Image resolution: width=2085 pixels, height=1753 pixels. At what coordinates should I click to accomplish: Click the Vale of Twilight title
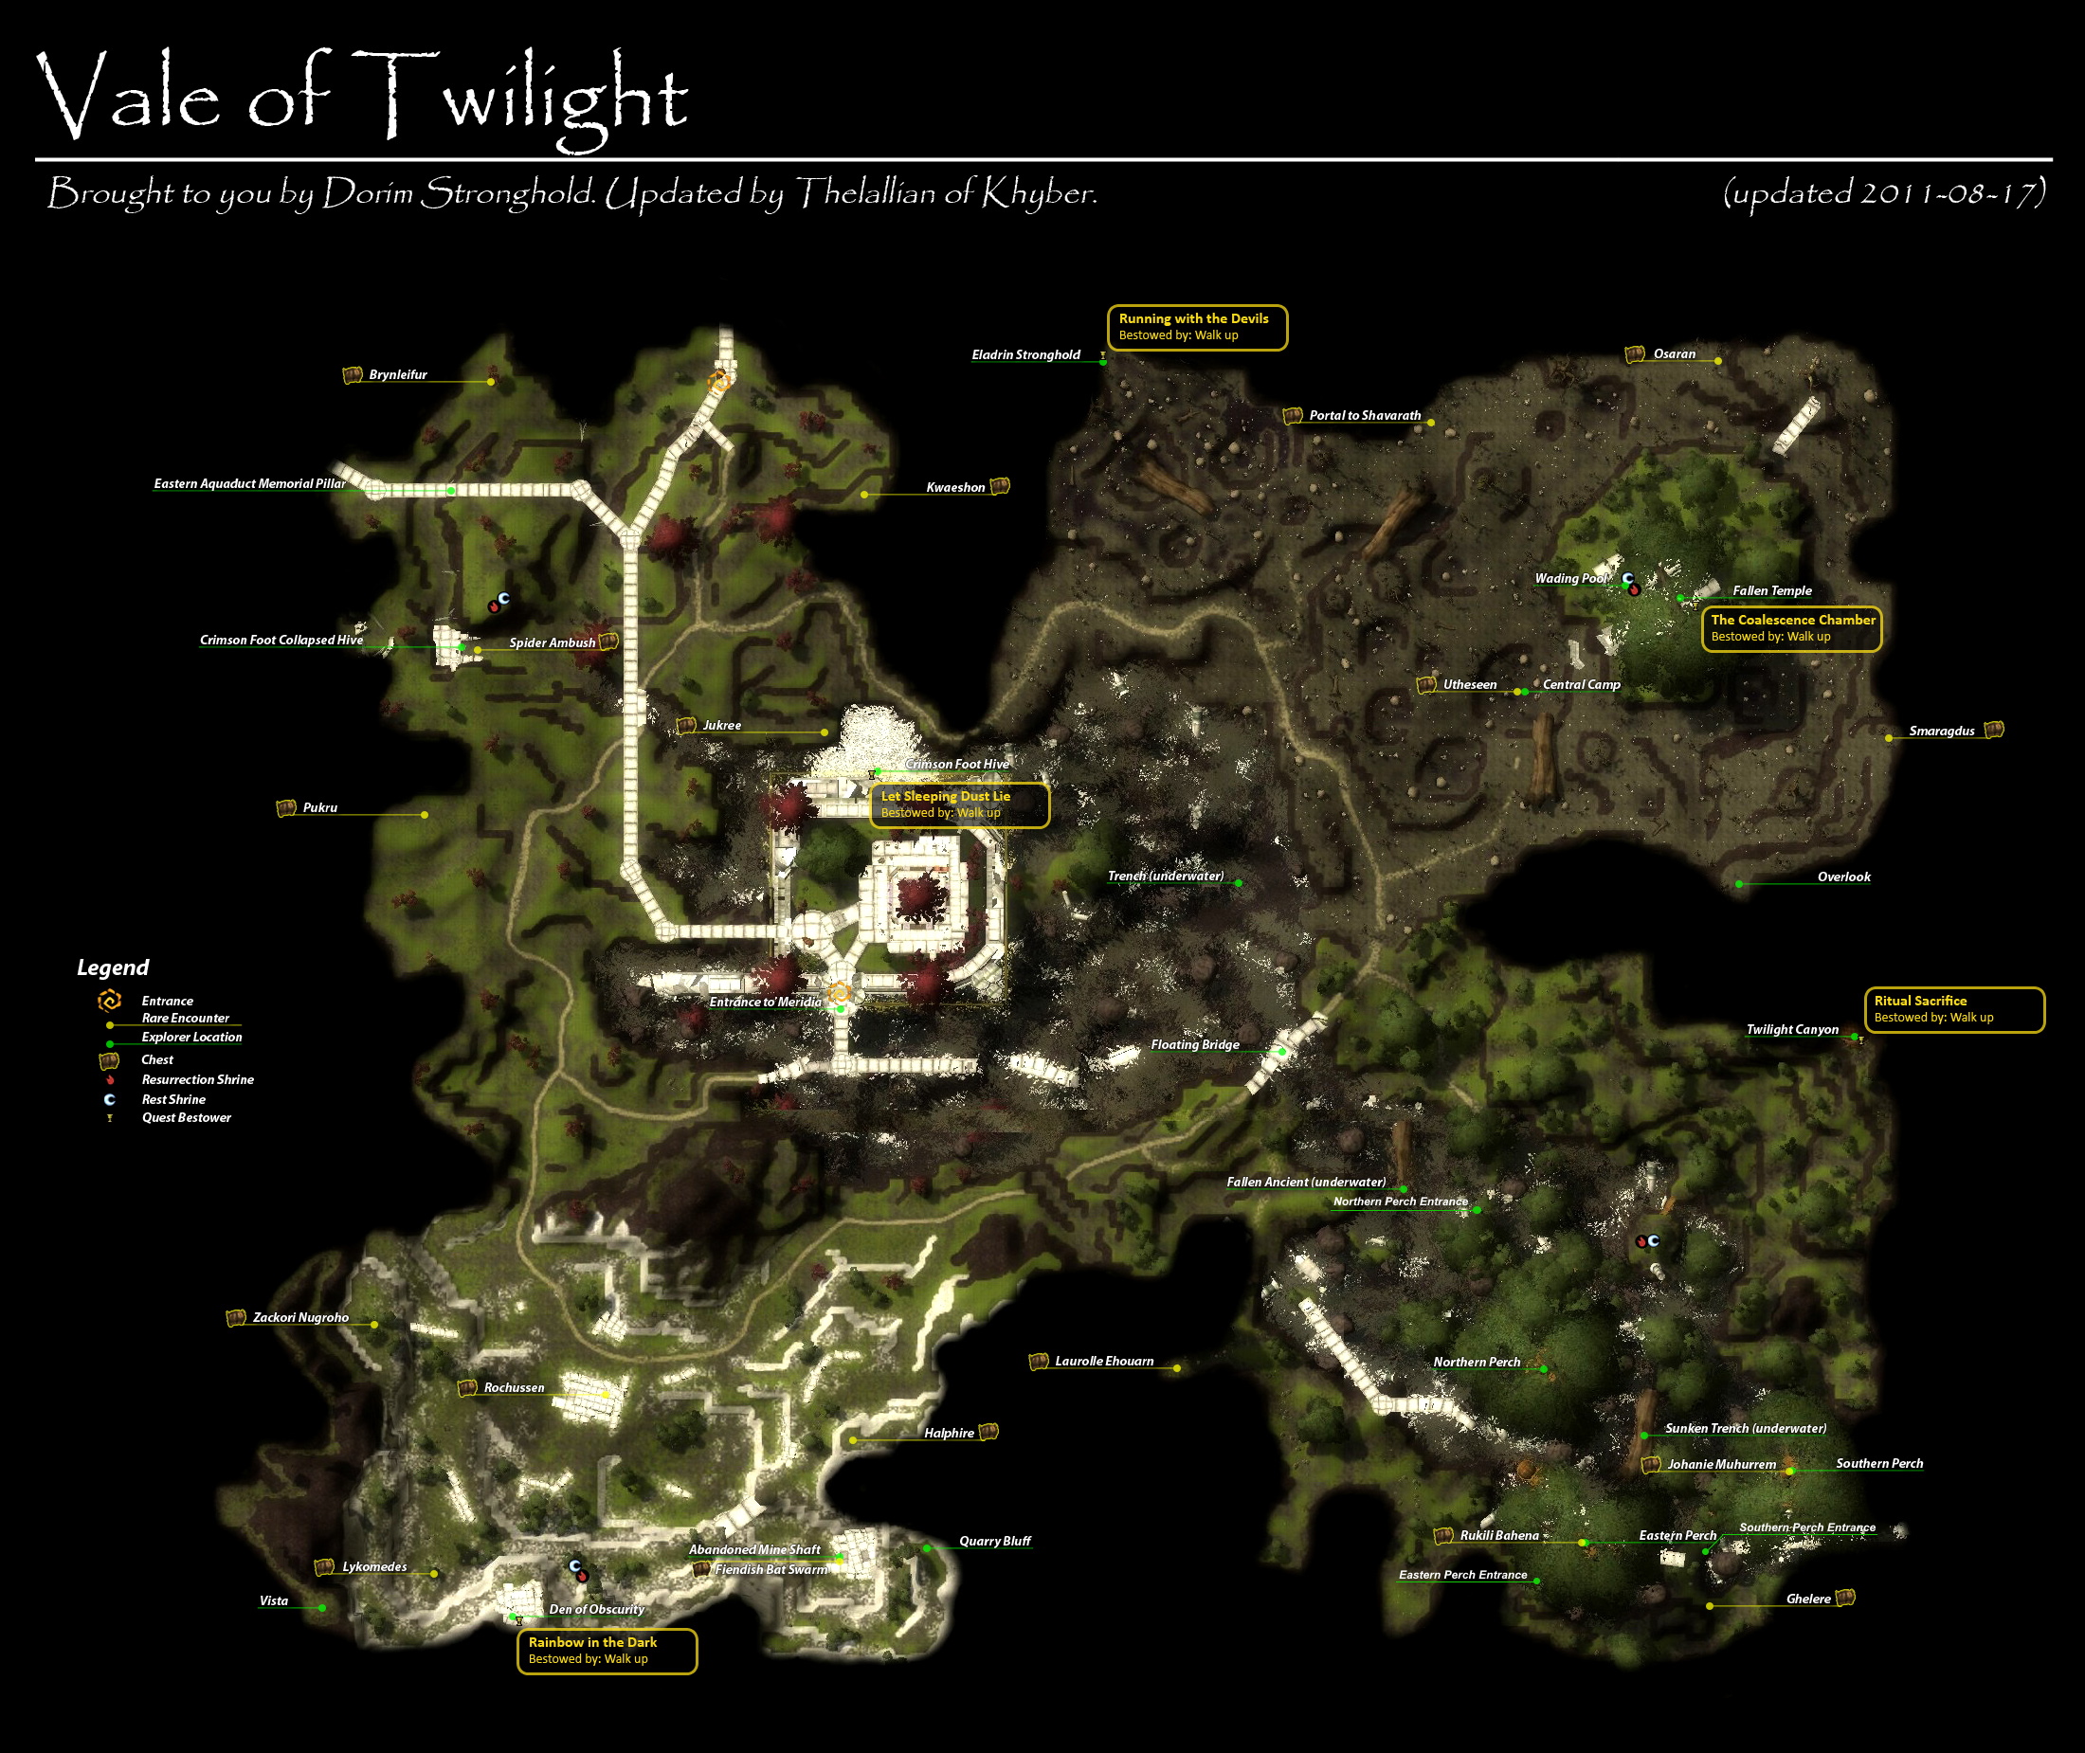[363, 98]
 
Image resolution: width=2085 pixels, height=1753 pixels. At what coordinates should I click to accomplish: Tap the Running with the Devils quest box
[1197, 327]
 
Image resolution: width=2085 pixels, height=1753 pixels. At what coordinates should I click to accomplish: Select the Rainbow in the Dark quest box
[607, 1651]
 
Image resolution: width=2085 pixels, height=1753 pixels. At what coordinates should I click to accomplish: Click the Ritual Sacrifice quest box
[1953, 1008]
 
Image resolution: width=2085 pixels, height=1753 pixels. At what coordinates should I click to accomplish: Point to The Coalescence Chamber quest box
[1791, 628]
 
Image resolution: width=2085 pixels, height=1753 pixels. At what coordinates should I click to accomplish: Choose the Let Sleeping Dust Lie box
[958, 804]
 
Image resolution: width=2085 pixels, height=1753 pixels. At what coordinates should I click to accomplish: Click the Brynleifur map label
[397, 374]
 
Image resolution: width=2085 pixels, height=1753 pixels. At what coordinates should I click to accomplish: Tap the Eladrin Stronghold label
[1025, 354]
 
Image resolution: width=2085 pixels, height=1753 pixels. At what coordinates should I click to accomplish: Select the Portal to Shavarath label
[1365, 415]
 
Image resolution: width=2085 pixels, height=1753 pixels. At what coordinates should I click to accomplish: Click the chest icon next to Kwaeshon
[1000, 486]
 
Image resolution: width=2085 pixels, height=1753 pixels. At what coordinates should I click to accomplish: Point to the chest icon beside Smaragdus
[1994, 730]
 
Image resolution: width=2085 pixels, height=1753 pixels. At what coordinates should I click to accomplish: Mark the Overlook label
[1843, 876]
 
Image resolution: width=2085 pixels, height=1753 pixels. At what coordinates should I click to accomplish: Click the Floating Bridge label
[1194, 1044]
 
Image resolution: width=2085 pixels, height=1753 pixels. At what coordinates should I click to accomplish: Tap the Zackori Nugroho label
[300, 1318]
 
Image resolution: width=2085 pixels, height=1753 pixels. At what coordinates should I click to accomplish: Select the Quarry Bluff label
[994, 1542]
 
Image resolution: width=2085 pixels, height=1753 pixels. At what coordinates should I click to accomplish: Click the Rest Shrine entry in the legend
[172, 1099]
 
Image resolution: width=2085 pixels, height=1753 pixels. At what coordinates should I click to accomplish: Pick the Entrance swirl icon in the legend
[109, 1000]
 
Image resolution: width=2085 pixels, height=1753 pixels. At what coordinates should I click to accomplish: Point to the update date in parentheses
[1883, 191]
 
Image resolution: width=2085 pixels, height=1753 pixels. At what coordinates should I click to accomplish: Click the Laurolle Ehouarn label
[1104, 1362]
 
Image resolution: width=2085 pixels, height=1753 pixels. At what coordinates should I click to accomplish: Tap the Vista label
[273, 1601]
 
